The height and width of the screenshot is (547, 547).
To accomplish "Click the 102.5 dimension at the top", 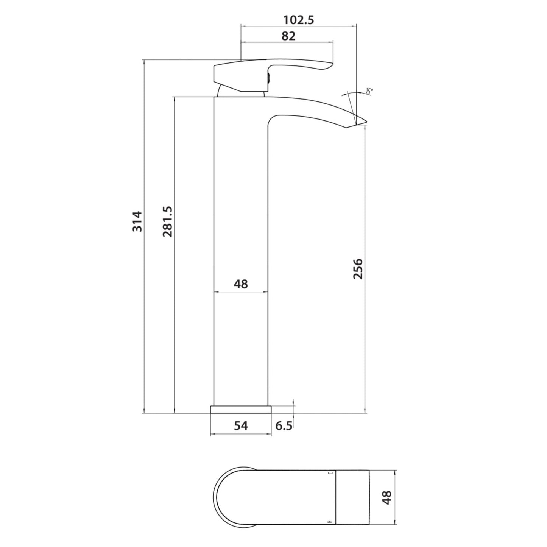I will pyautogui.click(x=299, y=20).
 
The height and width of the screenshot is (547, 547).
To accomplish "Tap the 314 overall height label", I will pyautogui.click(x=137, y=221).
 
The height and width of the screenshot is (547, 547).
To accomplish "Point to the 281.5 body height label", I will pyautogui.click(x=167, y=221).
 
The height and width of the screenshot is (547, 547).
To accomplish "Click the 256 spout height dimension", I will pyautogui.click(x=358, y=269).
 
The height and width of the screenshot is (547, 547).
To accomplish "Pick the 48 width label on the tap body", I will pyautogui.click(x=241, y=284).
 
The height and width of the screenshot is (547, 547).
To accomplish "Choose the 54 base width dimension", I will pyautogui.click(x=241, y=425).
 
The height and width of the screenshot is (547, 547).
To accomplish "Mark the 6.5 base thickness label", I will pyautogui.click(x=284, y=426).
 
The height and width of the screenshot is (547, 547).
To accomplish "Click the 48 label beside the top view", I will pyautogui.click(x=387, y=497).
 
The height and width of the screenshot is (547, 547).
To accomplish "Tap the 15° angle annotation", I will pyautogui.click(x=369, y=91).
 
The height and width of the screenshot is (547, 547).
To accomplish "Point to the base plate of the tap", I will pyautogui.click(x=241, y=409).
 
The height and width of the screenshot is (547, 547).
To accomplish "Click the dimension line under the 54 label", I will pyautogui.click(x=241, y=434).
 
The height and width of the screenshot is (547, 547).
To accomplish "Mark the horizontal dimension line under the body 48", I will pyautogui.click(x=241, y=292).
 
